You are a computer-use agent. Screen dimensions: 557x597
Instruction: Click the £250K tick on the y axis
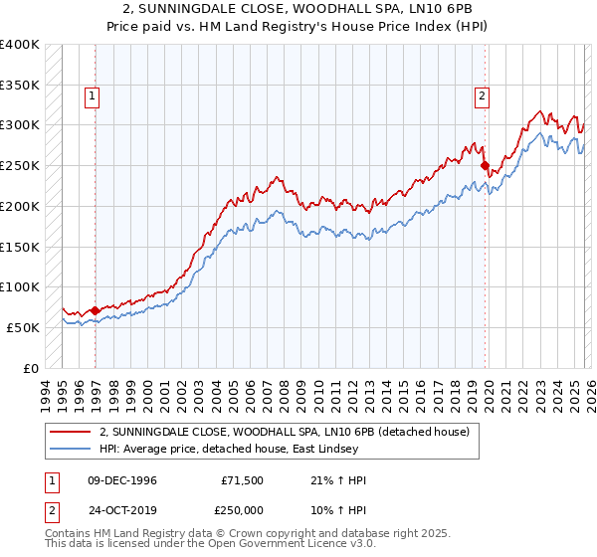pyautogui.click(x=19, y=166)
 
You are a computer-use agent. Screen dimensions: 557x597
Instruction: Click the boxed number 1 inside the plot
pyautogui.click(x=92, y=96)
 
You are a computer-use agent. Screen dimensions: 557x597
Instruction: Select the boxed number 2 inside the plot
pyautogui.click(x=482, y=96)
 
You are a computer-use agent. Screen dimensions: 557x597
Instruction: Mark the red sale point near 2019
pyautogui.click(x=485, y=166)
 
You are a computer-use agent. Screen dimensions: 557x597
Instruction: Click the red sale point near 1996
pyautogui.click(x=96, y=310)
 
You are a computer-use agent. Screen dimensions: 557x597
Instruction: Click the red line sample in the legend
pyautogui.click(x=71, y=431)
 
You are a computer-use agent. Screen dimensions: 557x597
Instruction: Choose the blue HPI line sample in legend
pyautogui.click(x=71, y=449)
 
